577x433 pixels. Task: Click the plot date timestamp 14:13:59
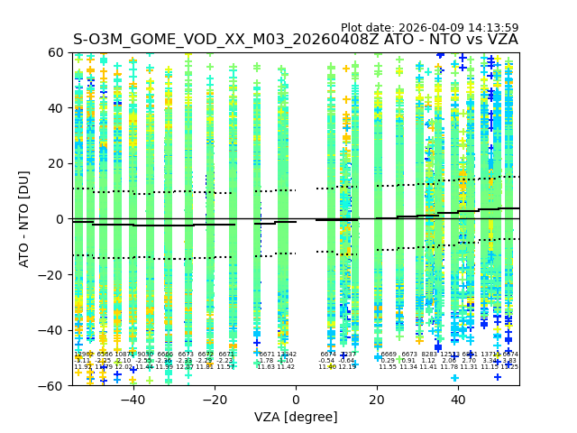click(x=492, y=28)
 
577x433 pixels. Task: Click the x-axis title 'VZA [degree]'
click(x=296, y=417)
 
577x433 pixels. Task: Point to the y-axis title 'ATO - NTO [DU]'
click(x=25, y=218)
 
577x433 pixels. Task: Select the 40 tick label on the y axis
click(x=57, y=108)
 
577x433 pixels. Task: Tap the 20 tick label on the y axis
click(x=57, y=163)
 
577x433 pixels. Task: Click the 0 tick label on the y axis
click(x=60, y=219)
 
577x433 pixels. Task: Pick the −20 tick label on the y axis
click(x=53, y=274)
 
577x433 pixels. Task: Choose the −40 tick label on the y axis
click(x=53, y=330)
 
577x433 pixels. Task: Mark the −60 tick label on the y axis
click(x=53, y=385)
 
